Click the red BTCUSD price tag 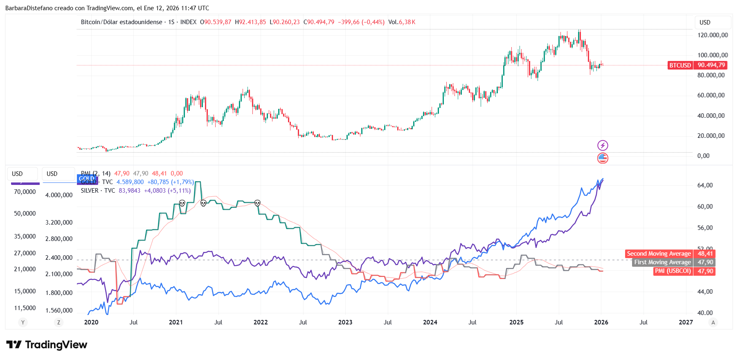pos(679,65)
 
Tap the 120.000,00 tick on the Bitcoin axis pos(712,35)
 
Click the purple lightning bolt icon pos(603,145)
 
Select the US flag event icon pos(603,158)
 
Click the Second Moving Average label pos(659,254)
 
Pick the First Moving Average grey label pos(662,262)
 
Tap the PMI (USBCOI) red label pos(673,271)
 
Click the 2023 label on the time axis pos(345,322)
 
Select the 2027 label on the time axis pos(686,322)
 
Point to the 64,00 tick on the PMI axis pos(705,185)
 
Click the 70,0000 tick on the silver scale pos(25,192)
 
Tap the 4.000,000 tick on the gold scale pos(59,195)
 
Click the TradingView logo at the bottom pos(47,345)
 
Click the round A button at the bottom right pos(713,322)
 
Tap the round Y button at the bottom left pos(23,322)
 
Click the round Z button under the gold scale pos(59,322)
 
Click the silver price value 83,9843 pos(129,191)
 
